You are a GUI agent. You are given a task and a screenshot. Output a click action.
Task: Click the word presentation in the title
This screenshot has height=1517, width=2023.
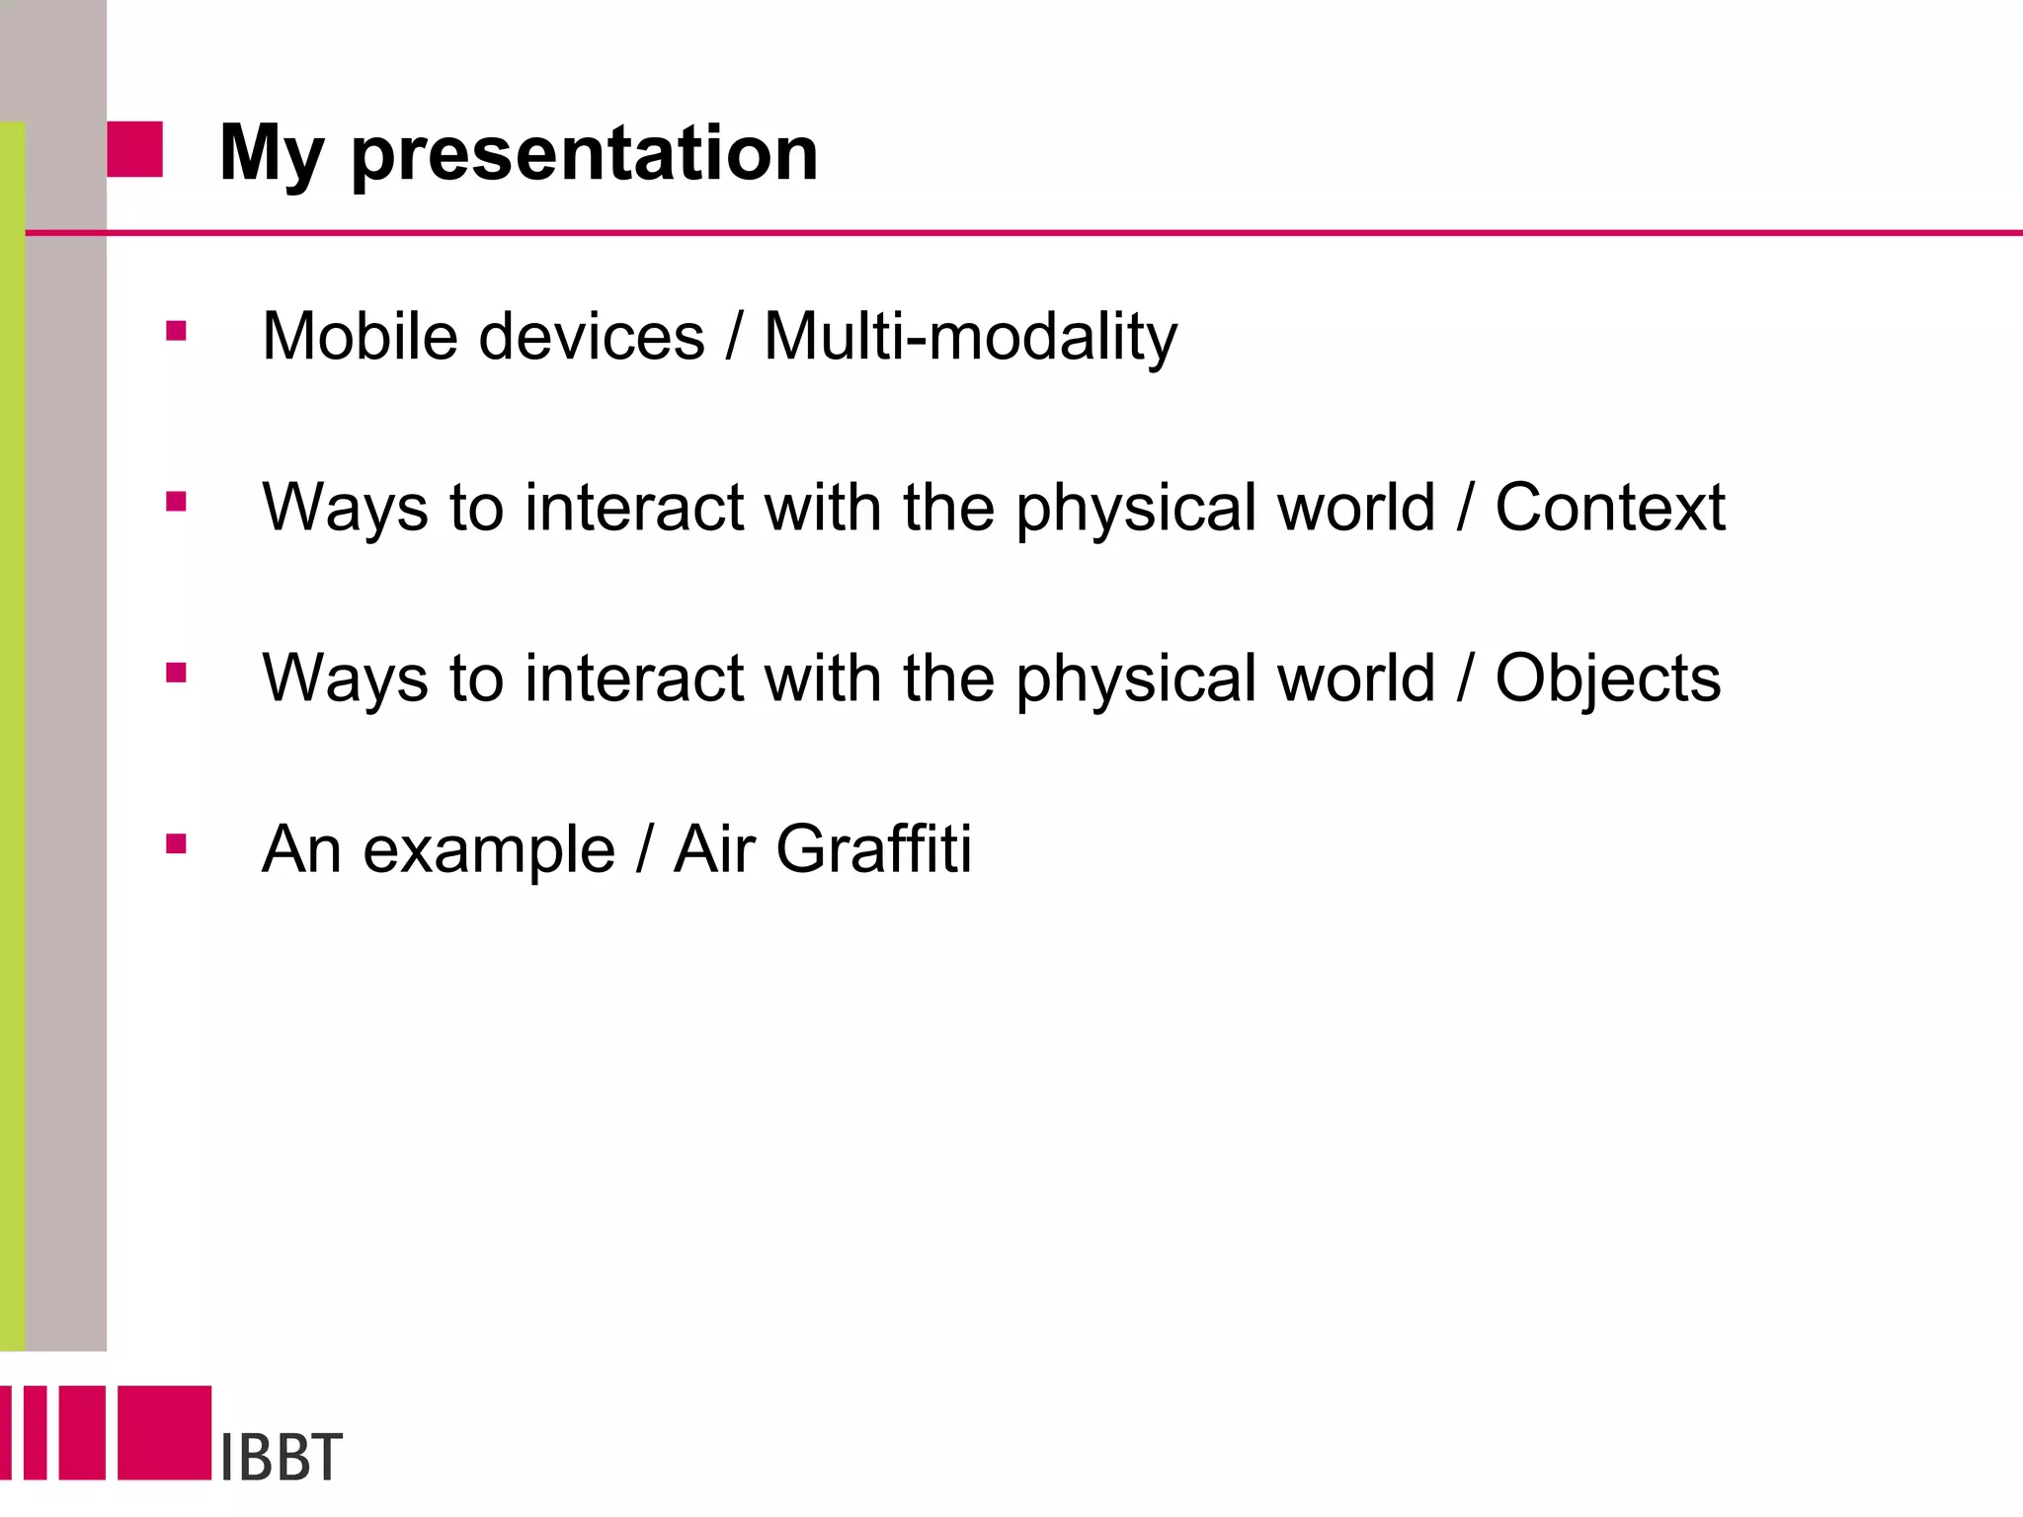click(585, 155)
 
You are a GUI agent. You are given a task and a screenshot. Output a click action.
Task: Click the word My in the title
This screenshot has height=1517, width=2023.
click(272, 155)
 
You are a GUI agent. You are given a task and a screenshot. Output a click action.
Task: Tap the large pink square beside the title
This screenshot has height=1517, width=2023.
click(134, 150)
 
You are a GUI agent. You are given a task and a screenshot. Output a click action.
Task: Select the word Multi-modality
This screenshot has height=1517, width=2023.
click(970, 337)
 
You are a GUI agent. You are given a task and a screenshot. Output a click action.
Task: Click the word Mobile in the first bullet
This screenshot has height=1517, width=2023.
click(361, 337)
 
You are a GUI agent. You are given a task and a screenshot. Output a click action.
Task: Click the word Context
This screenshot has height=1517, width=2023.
click(1609, 508)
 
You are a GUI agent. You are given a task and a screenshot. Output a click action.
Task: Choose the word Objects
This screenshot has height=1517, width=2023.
click(1607, 679)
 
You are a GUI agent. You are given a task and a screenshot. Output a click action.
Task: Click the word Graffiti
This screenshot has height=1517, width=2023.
click(873, 849)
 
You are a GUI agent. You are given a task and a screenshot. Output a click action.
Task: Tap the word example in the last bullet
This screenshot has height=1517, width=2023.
click(489, 851)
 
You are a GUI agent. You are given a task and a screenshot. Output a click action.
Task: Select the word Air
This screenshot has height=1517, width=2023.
click(714, 849)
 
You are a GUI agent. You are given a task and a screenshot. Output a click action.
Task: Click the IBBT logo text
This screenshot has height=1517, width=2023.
click(281, 1457)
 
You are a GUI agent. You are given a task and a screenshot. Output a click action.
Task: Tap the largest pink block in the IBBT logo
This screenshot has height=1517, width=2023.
click(164, 1432)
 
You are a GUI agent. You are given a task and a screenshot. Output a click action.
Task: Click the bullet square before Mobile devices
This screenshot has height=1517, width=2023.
click(177, 331)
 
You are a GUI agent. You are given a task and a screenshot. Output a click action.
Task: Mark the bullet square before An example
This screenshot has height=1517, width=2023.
click(177, 843)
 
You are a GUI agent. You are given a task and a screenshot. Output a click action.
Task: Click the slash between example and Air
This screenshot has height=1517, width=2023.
click(644, 849)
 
